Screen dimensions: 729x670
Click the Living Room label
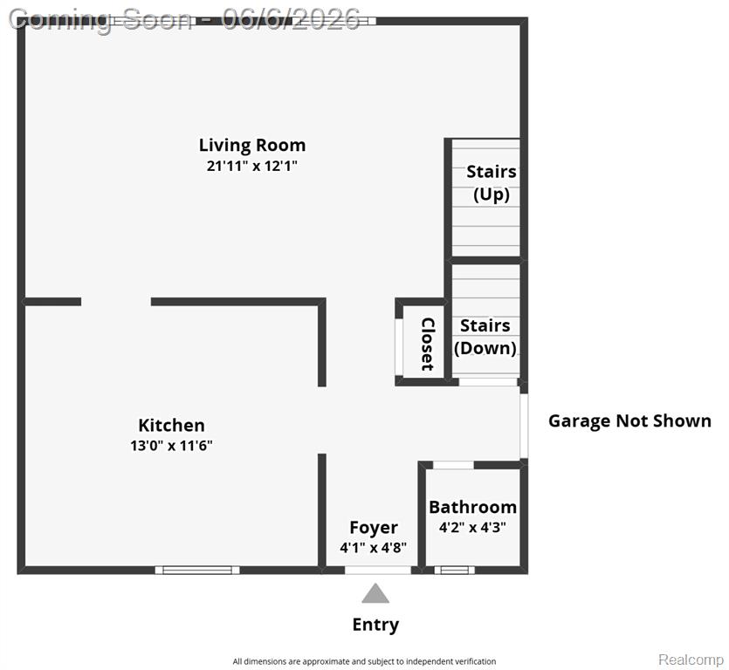[252, 146]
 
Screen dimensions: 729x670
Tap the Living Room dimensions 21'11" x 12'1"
[252, 166]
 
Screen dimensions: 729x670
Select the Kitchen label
[172, 425]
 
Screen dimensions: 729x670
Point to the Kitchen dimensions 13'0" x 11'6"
[172, 446]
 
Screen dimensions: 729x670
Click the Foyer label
[374, 528]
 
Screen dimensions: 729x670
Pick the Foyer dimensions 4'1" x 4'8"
[374, 548]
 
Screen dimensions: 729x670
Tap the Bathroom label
[473, 507]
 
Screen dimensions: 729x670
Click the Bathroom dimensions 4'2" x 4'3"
[473, 527]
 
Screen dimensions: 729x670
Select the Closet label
[427, 344]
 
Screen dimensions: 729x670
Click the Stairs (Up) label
[492, 182]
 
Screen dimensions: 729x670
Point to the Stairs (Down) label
[485, 337]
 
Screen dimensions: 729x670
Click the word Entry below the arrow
[375, 625]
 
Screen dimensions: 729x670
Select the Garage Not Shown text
[630, 421]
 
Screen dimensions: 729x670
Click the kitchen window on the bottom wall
[197, 570]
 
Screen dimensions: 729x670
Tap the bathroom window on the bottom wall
[455, 570]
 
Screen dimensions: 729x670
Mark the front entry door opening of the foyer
[378, 570]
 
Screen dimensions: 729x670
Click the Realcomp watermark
[691, 660]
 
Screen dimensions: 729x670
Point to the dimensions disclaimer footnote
[365, 661]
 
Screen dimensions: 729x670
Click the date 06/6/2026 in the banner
[291, 19]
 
